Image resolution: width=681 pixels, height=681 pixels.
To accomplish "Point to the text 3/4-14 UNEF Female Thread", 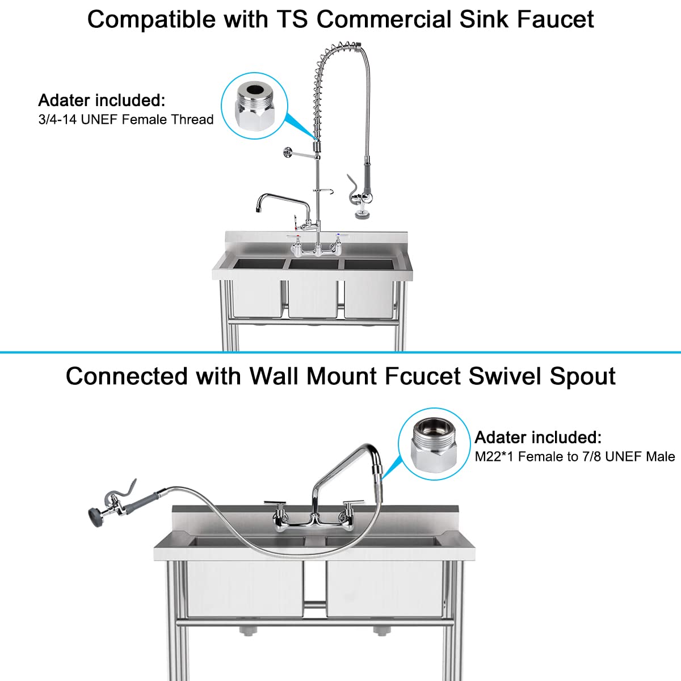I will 126,119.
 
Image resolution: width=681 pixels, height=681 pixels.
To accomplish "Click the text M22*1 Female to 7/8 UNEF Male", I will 575,456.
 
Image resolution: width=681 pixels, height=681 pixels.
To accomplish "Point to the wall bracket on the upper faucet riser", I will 289,152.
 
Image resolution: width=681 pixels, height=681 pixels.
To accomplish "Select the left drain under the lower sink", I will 245,630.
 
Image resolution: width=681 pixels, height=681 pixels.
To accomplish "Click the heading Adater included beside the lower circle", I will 537,438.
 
